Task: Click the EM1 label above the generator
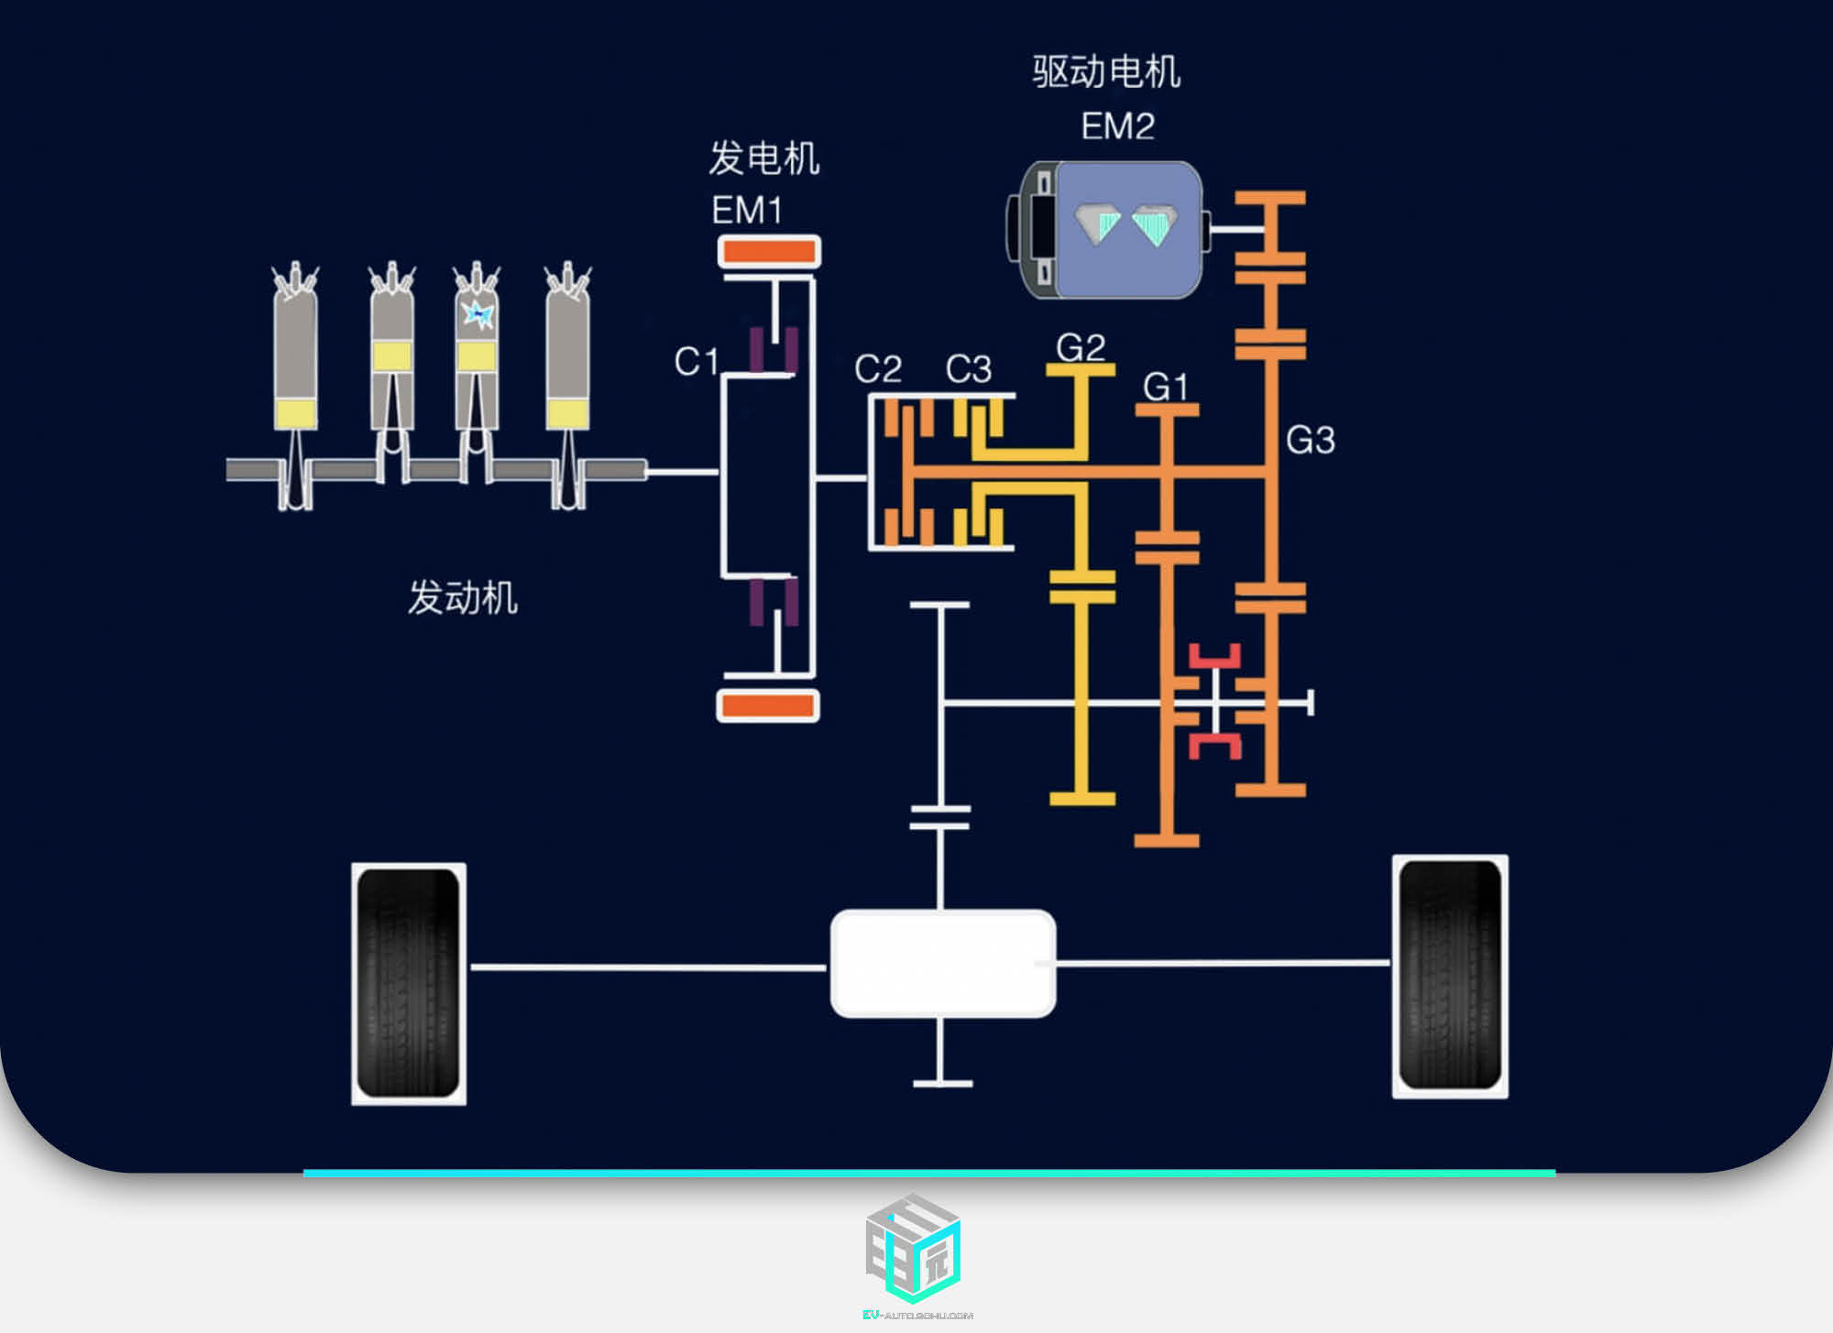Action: tap(747, 211)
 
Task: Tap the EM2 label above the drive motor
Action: tap(1117, 126)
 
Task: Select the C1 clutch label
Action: tap(696, 361)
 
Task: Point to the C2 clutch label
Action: tap(878, 369)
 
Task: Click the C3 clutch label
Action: tap(969, 369)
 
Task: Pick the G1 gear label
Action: tap(1165, 387)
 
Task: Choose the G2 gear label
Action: tap(1081, 347)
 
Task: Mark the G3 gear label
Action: tap(1310, 441)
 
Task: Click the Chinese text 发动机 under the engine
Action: tap(463, 597)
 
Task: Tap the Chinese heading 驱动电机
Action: tap(1106, 71)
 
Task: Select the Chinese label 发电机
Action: tap(763, 158)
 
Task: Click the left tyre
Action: tap(409, 983)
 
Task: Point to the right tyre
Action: tap(1450, 976)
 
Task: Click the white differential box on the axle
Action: tap(942, 963)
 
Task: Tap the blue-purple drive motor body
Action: tap(1127, 229)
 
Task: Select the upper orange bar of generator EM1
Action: tap(769, 251)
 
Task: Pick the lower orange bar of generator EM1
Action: tap(768, 705)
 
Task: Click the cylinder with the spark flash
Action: tap(477, 348)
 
